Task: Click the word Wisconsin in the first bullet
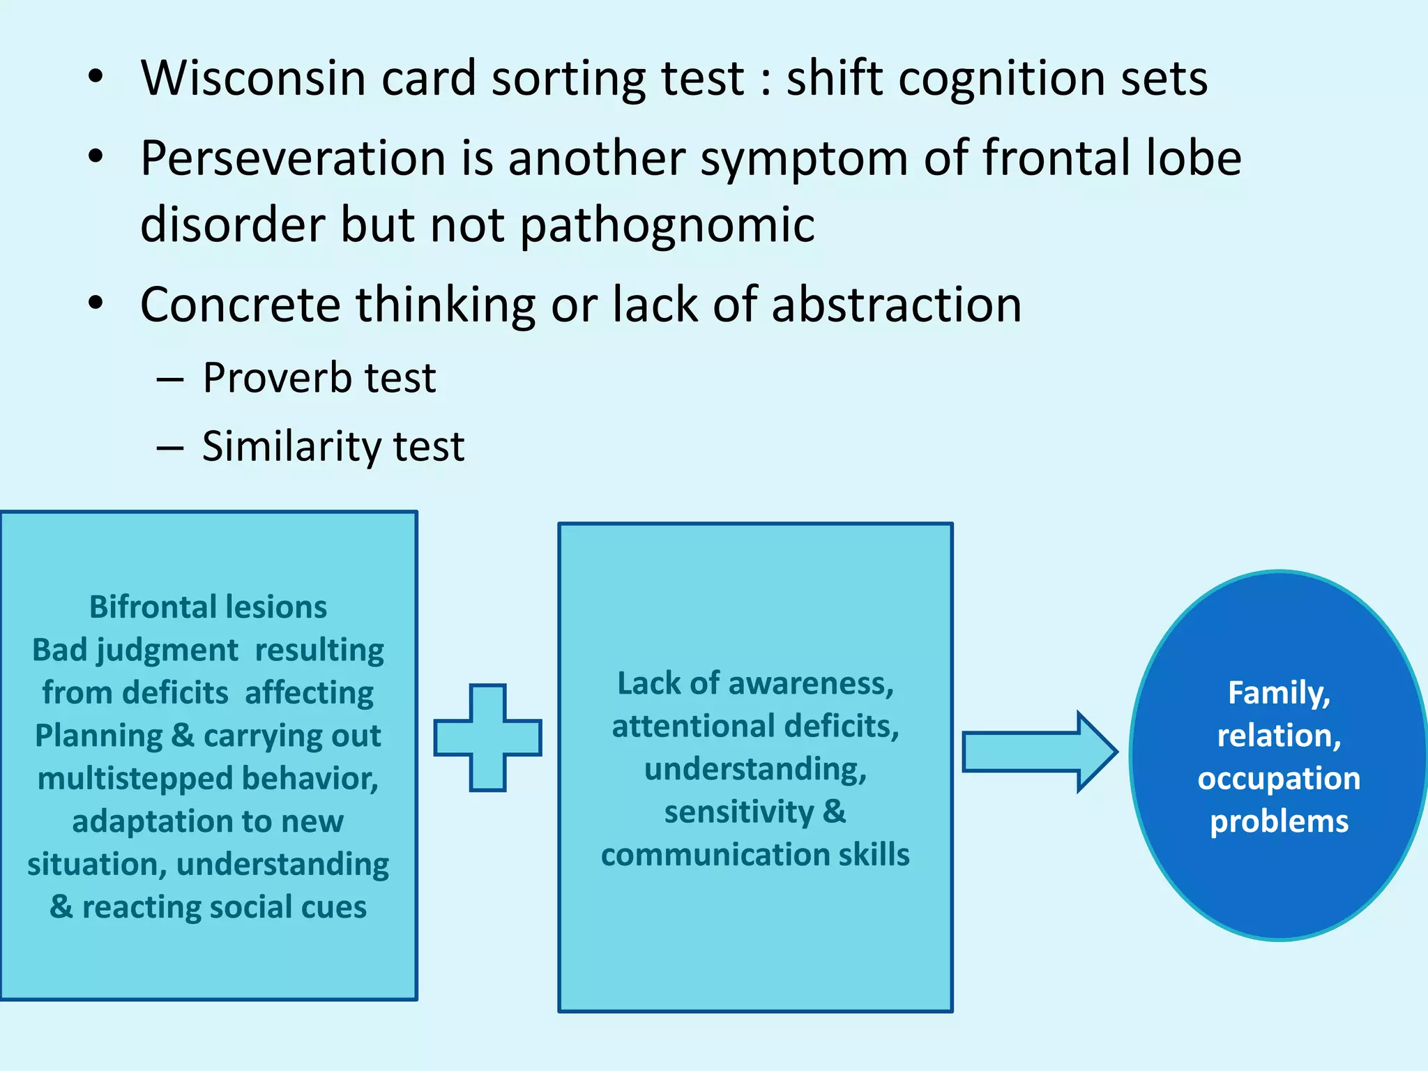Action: click(x=254, y=78)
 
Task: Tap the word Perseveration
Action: click(x=293, y=158)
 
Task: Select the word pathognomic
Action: click(x=667, y=225)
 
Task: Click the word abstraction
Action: click(x=896, y=305)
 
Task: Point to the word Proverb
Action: click(x=277, y=379)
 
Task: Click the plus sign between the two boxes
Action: click(x=487, y=738)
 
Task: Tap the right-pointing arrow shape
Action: click(x=1039, y=752)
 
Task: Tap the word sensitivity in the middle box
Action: click(x=739, y=812)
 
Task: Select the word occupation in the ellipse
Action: click(x=1279, y=778)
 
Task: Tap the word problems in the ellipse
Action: click(x=1279, y=821)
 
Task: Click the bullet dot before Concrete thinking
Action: click(x=96, y=303)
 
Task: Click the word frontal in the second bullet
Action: click(x=1057, y=158)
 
